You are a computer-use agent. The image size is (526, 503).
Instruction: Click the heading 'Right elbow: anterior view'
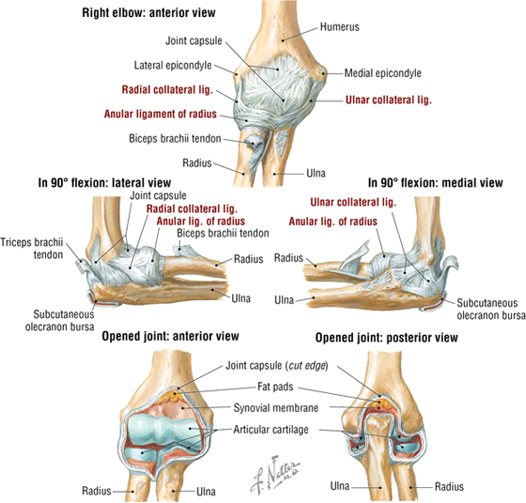(x=148, y=13)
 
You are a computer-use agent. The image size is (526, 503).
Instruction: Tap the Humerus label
(x=339, y=27)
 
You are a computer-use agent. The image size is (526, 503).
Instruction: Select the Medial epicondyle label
(x=383, y=73)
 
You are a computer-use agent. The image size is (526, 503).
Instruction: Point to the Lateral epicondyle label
(x=173, y=66)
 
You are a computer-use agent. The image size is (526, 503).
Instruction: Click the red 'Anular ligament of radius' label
(x=161, y=114)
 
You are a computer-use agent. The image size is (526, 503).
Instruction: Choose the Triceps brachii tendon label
(x=32, y=249)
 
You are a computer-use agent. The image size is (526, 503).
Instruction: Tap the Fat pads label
(x=275, y=387)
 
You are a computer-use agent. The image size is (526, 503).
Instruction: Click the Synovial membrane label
(x=276, y=408)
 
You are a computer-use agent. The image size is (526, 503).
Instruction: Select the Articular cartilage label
(x=271, y=430)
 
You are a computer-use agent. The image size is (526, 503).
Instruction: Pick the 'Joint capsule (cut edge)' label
(x=277, y=366)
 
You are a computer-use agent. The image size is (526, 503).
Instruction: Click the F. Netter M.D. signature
(x=274, y=473)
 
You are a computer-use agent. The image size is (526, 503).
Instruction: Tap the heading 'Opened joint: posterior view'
(x=386, y=338)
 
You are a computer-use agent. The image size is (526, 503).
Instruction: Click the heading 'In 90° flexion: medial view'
(x=436, y=183)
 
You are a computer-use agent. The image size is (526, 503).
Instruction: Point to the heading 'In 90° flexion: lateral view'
(x=104, y=183)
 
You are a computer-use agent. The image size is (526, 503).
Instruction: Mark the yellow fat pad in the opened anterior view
(x=173, y=397)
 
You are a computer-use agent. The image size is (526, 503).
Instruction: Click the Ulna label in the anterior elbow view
(x=316, y=174)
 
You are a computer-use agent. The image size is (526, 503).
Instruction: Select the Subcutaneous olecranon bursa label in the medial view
(x=490, y=310)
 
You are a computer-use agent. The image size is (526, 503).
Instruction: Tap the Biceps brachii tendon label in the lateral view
(x=223, y=234)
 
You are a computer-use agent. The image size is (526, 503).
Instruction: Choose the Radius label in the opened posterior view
(x=449, y=487)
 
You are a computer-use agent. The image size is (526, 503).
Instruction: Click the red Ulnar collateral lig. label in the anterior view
(x=389, y=100)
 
